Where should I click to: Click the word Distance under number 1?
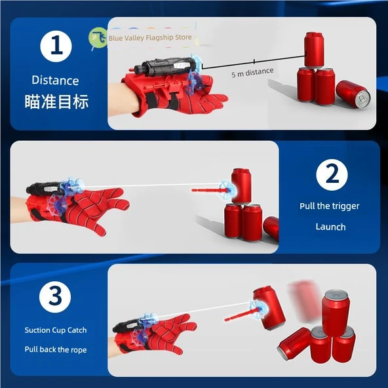pos(55,81)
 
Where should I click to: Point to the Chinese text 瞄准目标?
pos(60,102)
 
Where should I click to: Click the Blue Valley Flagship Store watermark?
pos(151,38)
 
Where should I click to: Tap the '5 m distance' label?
pos(252,72)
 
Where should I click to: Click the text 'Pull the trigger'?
pos(330,206)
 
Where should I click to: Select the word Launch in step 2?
pos(330,227)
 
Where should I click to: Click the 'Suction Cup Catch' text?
pos(56,330)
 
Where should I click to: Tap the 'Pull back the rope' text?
pos(56,349)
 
